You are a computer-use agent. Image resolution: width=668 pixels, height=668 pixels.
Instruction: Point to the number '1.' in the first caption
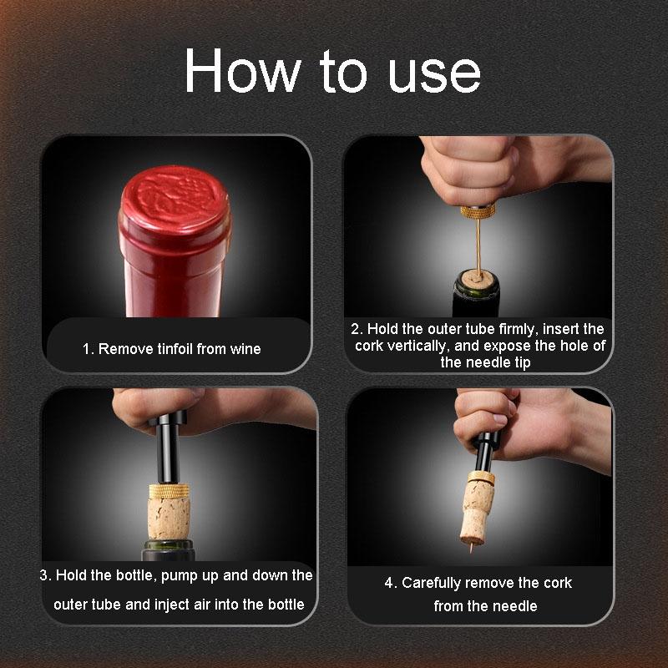pyautogui.click(x=88, y=349)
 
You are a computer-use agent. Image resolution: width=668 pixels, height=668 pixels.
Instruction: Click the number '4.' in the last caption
pyautogui.click(x=391, y=583)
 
